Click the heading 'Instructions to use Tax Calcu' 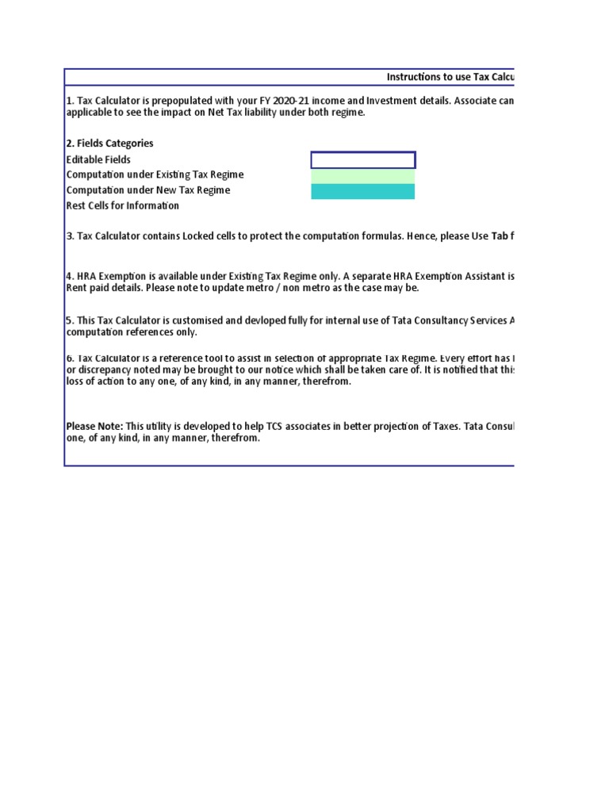tap(450, 77)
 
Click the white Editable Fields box tap(362, 160)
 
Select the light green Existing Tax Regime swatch tap(362, 176)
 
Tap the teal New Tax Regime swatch tap(362, 191)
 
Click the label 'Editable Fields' tap(99, 159)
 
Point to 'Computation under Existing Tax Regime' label tap(155, 174)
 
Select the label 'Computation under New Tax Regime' tap(148, 190)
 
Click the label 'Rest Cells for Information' tap(123, 205)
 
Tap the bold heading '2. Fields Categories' tap(110, 144)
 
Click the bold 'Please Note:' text tap(94, 426)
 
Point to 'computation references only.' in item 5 tap(131, 332)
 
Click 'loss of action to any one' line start tap(119, 381)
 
